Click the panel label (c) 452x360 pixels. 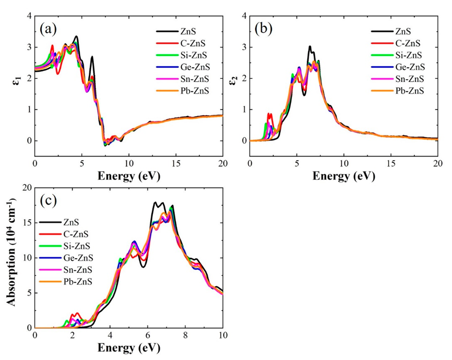(48, 200)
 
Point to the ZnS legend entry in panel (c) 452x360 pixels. (74, 222)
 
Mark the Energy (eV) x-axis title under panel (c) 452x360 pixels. (128, 347)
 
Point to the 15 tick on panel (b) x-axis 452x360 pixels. (390, 164)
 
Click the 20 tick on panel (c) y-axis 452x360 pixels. (27, 188)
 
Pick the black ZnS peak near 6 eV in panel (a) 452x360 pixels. (92, 57)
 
